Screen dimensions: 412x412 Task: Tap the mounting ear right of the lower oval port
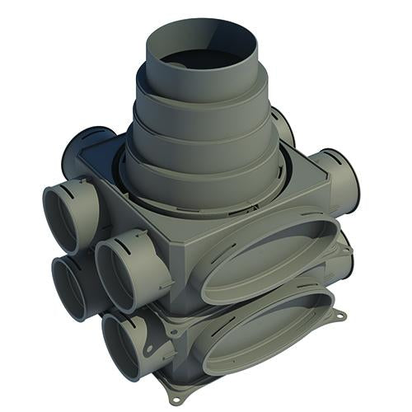click(335, 316)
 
